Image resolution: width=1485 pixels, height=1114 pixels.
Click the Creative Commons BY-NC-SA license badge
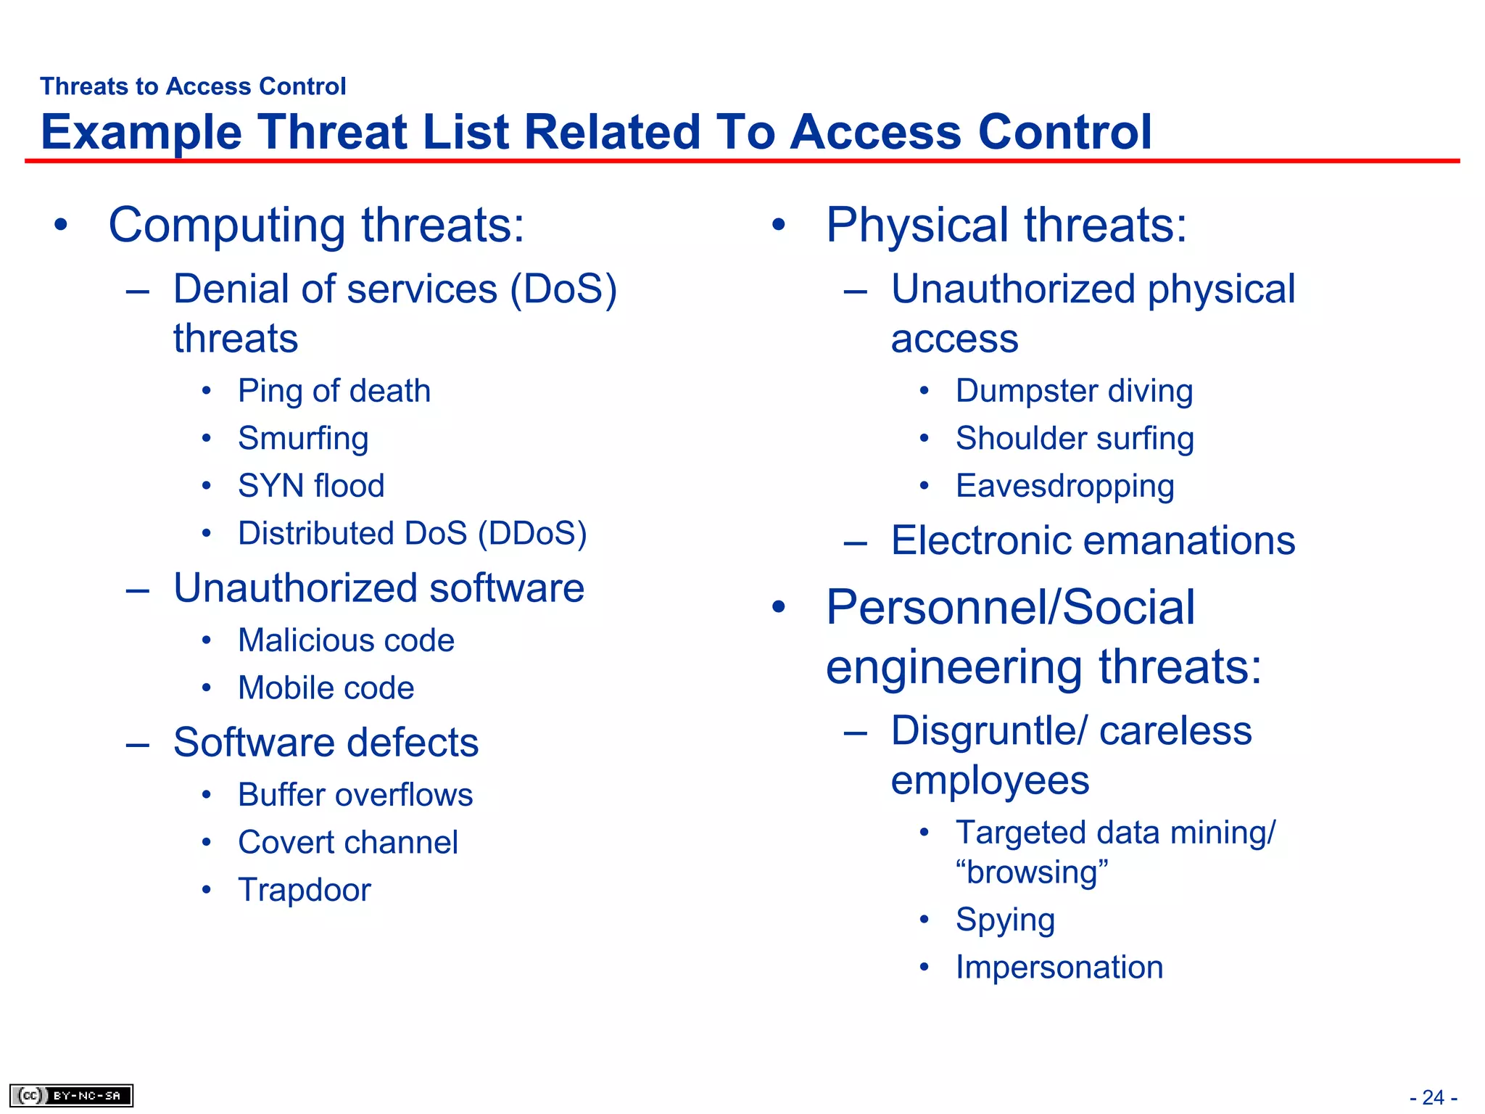(x=71, y=1095)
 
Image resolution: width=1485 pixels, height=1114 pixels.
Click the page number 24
(x=1433, y=1097)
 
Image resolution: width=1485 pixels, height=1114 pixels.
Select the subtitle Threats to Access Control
(x=193, y=86)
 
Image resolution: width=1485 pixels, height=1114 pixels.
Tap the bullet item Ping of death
(x=334, y=391)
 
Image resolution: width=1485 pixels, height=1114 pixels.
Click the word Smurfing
(x=303, y=439)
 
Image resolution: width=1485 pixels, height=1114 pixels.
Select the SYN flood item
(x=311, y=486)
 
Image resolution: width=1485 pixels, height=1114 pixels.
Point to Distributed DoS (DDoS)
(x=412, y=533)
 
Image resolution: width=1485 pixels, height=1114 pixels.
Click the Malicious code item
(x=346, y=640)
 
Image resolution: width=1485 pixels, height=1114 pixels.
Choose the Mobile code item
(x=326, y=688)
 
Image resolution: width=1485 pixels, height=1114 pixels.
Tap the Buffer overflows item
(x=355, y=795)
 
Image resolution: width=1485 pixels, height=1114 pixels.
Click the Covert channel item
(x=348, y=842)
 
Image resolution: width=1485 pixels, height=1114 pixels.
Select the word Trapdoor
(x=305, y=890)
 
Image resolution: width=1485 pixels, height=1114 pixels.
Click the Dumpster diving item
(x=1074, y=391)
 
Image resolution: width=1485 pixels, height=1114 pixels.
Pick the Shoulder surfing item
(x=1075, y=439)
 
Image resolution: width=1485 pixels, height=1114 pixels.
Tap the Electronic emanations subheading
(x=1093, y=540)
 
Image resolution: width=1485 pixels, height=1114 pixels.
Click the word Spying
(x=1005, y=920)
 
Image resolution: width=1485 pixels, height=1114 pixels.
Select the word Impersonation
(x=1059, y=967)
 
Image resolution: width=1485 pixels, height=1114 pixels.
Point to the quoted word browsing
(x=1032, y=872)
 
